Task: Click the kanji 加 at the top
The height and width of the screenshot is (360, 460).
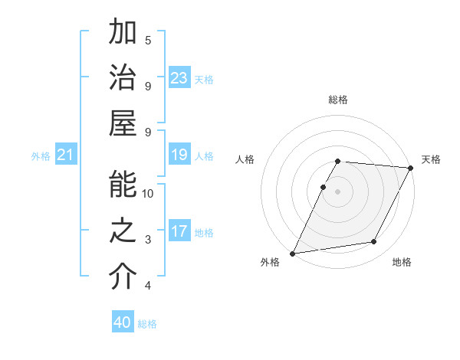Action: point(123,34)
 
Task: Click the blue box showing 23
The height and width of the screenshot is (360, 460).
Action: point(179,78)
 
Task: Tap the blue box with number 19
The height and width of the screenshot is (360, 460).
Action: point(179,155)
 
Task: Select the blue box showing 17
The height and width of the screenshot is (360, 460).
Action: point(179,232)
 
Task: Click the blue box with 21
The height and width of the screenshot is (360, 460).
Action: point(65,155)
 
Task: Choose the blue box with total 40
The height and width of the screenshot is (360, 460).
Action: point(123,322)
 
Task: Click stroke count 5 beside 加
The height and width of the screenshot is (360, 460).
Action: point(148,40)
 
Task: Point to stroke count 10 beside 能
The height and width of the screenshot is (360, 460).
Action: point(148,193)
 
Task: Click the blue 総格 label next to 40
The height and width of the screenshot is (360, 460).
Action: point(147,324)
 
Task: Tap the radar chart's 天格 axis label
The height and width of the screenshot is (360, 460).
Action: point(431,159)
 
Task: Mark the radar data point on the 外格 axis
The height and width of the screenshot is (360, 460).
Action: point(292,254)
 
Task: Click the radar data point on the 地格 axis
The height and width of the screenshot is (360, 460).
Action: point(374,242)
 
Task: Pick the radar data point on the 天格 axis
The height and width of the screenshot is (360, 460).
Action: point(411,168)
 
